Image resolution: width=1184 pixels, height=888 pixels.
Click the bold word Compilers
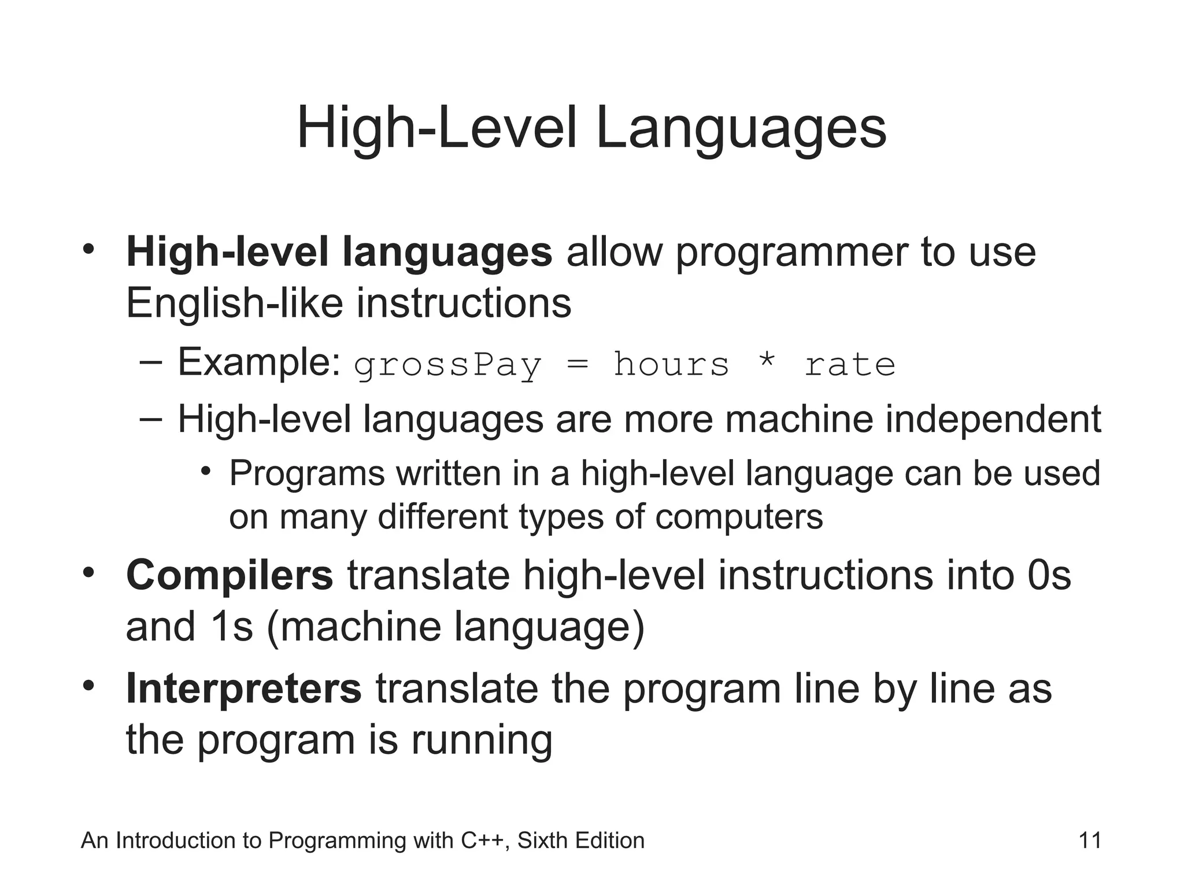[230, 575]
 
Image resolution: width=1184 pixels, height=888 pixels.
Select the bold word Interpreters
[243, 688]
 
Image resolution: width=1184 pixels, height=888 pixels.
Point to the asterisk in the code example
[767, 363]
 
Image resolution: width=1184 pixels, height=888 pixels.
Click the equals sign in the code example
[577, 364]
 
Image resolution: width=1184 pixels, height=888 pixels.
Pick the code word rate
[850, 365]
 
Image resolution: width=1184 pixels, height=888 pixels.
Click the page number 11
[1090, 841]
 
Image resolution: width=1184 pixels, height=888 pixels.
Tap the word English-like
[234, 303]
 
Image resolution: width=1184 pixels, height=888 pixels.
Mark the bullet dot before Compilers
[88, 572]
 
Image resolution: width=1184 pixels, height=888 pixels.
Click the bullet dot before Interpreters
[88, 686]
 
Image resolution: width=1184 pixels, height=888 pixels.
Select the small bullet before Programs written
[205, 471]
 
